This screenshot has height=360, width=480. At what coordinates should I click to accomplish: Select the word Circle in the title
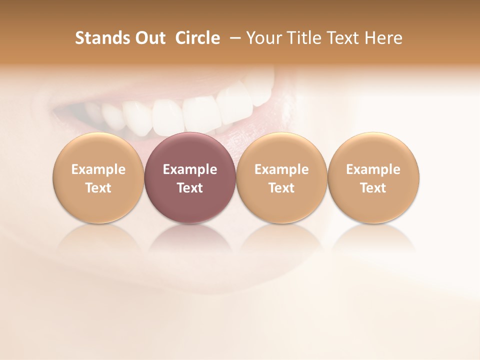click(197, 38)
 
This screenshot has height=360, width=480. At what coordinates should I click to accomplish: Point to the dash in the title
click(233, 38)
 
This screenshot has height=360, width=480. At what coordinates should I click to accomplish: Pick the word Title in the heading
click(303, 38)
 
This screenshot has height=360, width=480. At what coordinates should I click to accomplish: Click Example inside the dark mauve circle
click(190, 169)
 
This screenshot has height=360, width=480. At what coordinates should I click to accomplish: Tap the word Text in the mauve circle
click(190, 188)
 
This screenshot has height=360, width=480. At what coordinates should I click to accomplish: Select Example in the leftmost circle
click(98, 169)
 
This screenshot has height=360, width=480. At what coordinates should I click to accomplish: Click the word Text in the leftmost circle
click(98, 188)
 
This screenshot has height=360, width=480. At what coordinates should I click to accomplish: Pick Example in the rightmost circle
click(373, 169)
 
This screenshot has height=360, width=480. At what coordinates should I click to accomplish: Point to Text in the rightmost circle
click(373, 188)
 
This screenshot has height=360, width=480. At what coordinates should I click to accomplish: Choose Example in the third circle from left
click(281, 169)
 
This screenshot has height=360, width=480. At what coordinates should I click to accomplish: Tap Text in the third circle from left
click(281, 188)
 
